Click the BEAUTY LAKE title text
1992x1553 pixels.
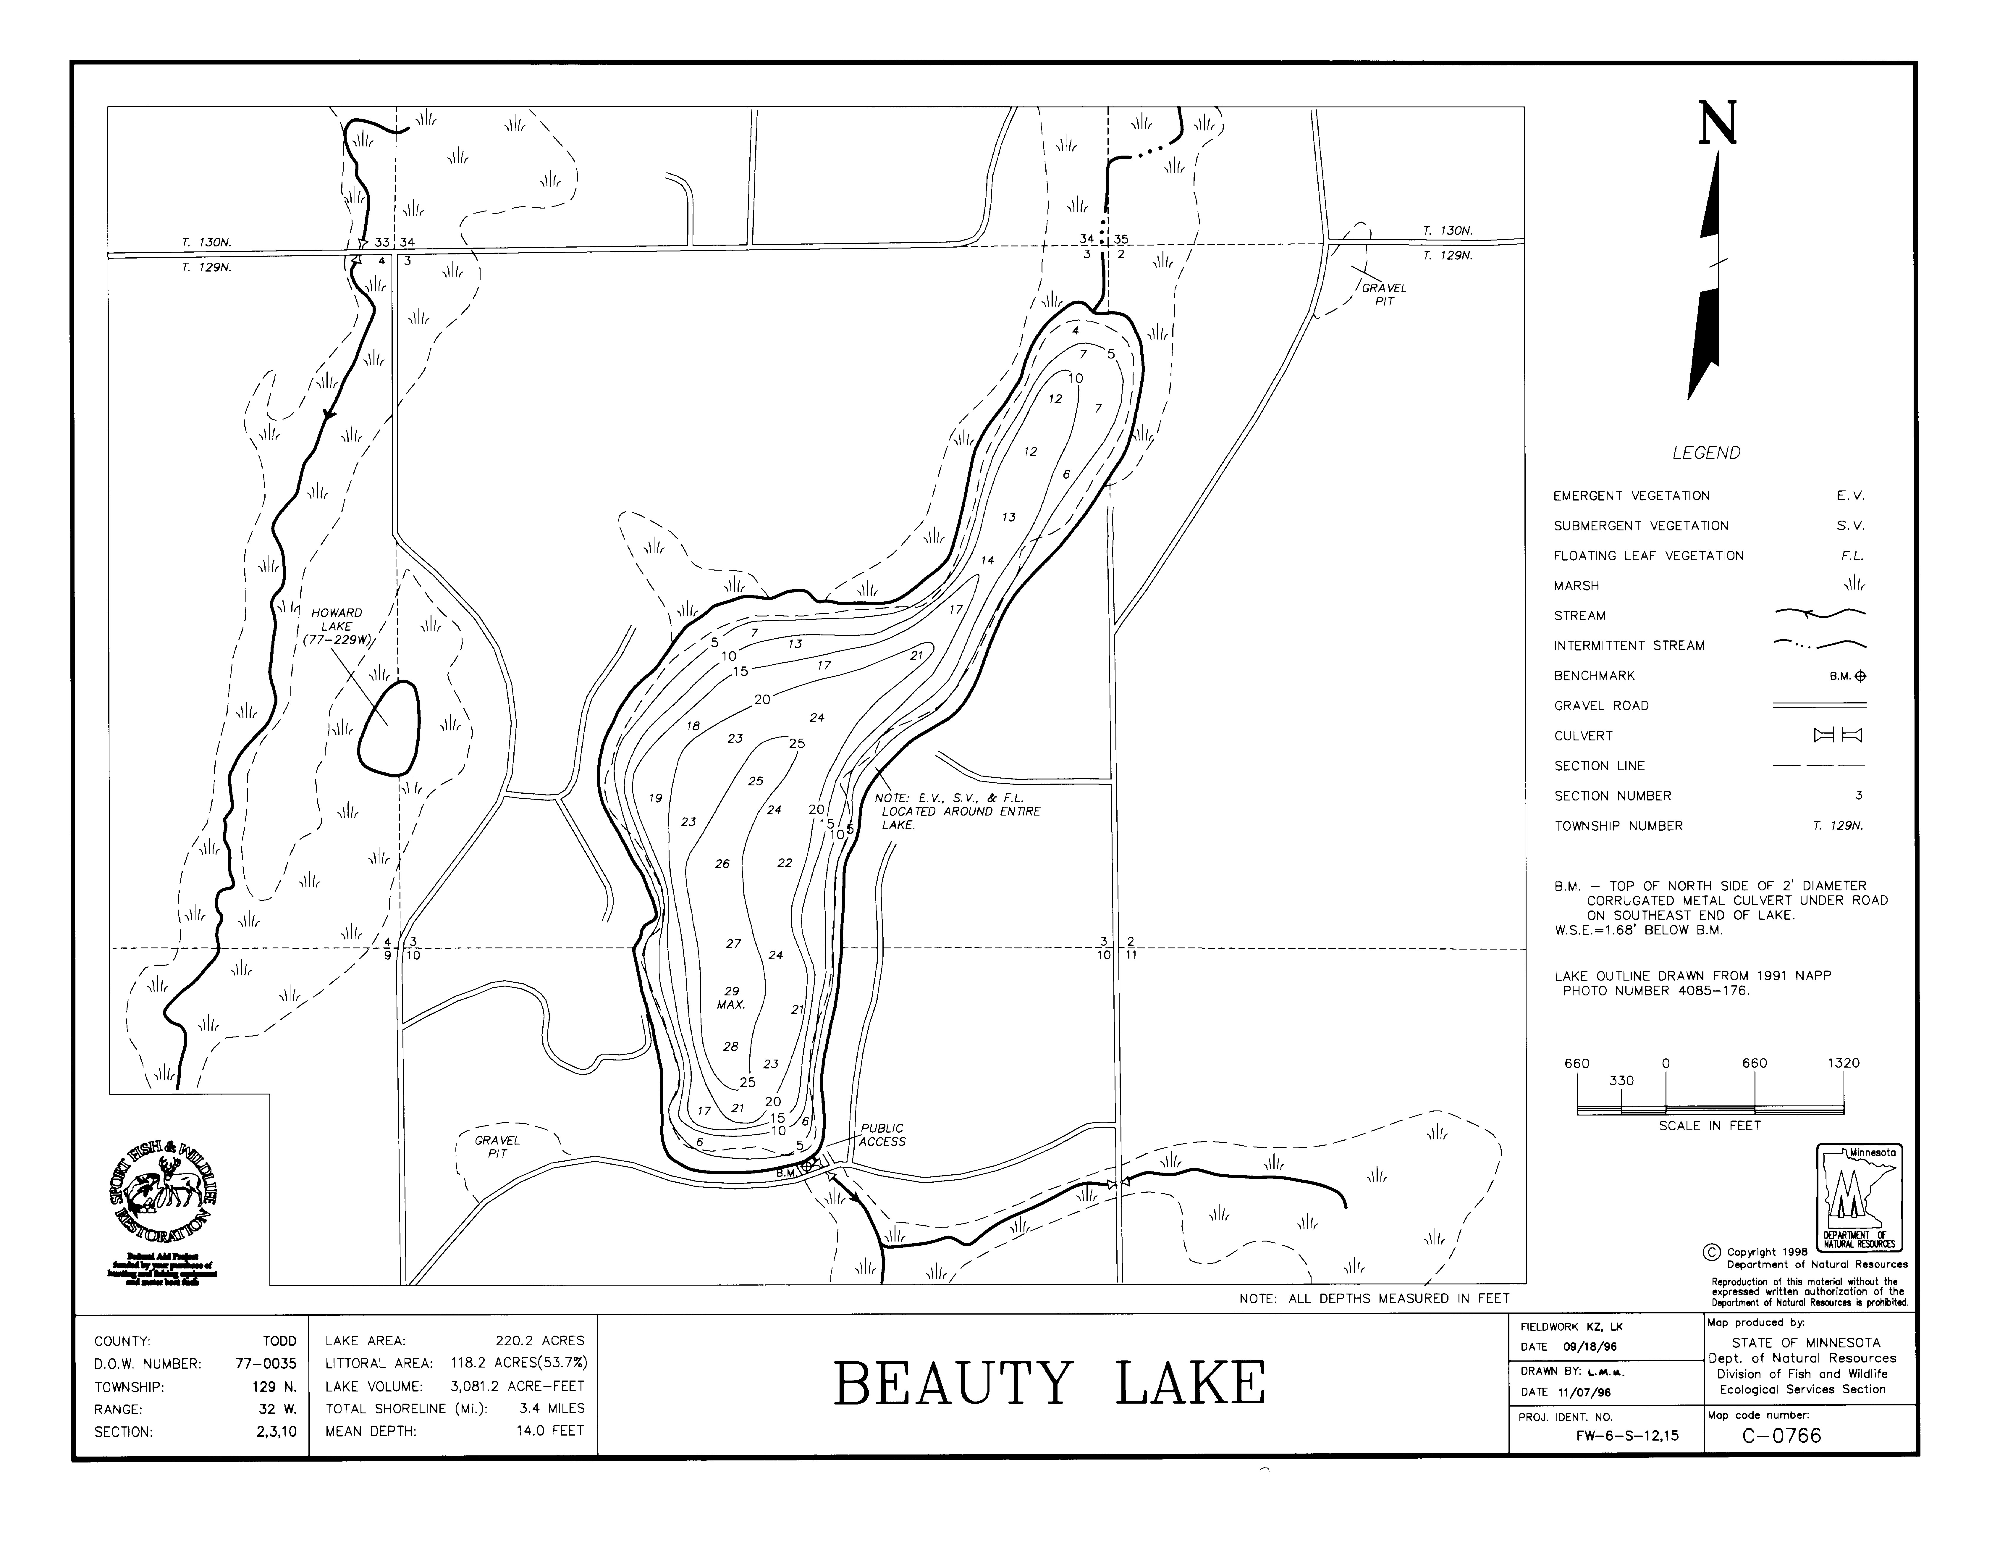pyautogui.click(x=1049, y=1384)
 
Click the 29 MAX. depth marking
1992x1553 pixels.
pyautogui.click(x=732, y=997)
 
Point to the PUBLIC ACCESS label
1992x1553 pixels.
pyautogui.click(x=882, y=1135)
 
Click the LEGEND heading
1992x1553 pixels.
pyautogui.click(x=1706, y=453)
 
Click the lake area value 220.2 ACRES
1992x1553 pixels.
pyautogui.click(x=539, y=1341)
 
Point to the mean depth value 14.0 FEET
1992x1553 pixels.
pyautogui.click(x=550, y=1431)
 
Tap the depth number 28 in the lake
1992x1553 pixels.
pyautogui.click(x=730, y=1047)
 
